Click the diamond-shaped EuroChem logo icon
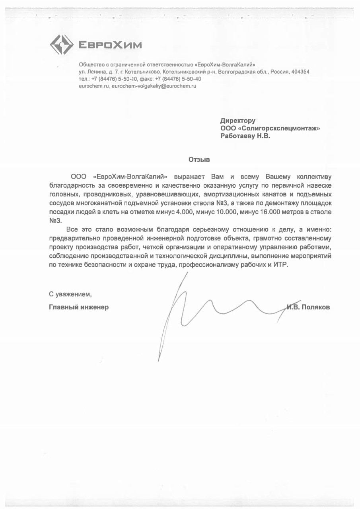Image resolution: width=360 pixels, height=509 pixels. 61,44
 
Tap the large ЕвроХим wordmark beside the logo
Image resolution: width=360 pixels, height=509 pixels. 109,45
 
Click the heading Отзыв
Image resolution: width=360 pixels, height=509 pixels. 198,160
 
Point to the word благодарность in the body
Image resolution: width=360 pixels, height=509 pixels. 71,185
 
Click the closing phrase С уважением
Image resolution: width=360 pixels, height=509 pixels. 70,295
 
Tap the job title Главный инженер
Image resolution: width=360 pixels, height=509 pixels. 79,307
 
